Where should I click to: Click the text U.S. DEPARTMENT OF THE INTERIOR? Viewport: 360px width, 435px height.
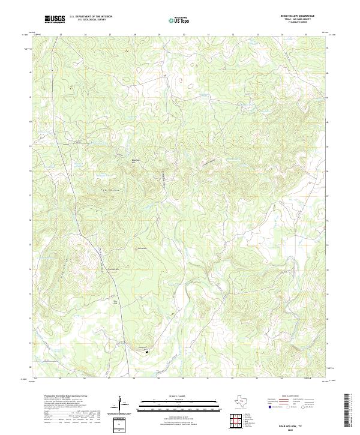click(x=91, y=17)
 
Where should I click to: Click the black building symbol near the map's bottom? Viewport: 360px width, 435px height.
click(x=146, y=352)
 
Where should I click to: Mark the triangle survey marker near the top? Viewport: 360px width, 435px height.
click(x=126, y=50)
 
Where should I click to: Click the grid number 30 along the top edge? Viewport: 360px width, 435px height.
click(x=184, y=35)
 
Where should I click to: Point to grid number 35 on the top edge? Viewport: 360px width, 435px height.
click(x=306, y=35)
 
